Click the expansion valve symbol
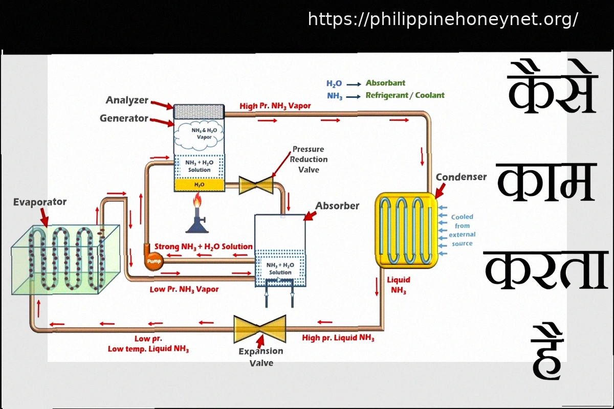[x=259, y=329]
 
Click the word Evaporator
[x=40, y=202]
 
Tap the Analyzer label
[x=127, y=100]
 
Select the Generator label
[x=124, y=119]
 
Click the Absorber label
[x=337, y=206]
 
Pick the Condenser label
[x=461, y=177]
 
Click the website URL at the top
[x=443, y=19]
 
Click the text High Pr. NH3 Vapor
[x=275, y=106]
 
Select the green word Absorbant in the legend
[x=385, y=83]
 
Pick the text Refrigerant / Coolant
[x=405, y=95]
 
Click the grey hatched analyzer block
[x=199, y=111]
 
